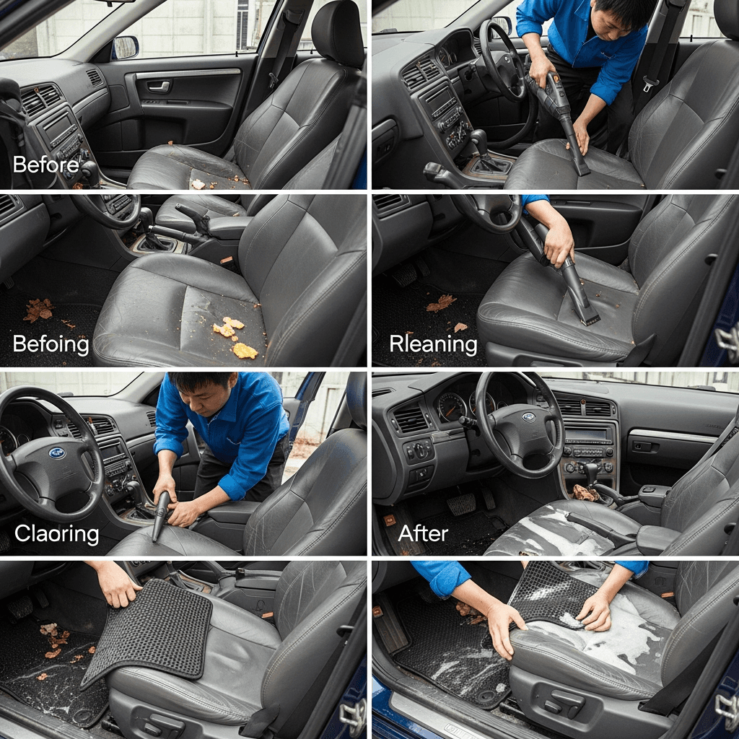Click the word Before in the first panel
(x=45, y=165)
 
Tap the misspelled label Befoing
(x=51, y=344)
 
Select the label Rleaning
(x=433, y=344)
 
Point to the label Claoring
(x=56, y=533)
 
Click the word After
(x=423, y=533)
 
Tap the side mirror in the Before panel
(x=126, y=47)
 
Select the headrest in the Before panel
(x=338, y=30)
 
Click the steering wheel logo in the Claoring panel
(x=57, y=453)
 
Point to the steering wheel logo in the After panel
(x=529, y=417)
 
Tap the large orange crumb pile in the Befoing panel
(x=245, y=350)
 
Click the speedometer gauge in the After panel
(x=451, y=407)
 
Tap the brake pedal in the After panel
(x=461, y=504)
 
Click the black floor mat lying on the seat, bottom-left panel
(x=149, y=631)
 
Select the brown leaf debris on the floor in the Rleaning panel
(x=440, y=303)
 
